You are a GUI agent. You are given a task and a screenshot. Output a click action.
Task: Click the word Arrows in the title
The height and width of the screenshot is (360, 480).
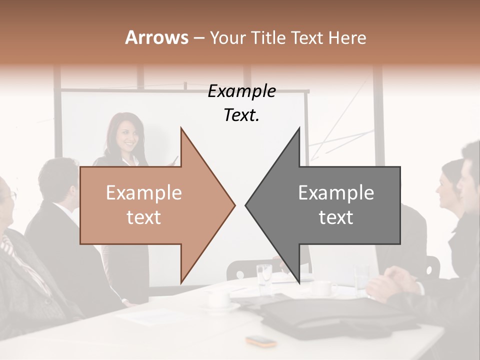click(x=156, y=37)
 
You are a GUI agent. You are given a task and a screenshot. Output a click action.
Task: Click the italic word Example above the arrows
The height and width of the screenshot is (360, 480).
click(x=241, y=91)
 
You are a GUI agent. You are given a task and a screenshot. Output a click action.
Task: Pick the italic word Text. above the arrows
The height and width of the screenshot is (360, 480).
click(x=241, y=115)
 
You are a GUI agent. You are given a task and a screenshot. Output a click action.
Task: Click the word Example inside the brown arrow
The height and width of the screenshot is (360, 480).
click(x=144, y=193)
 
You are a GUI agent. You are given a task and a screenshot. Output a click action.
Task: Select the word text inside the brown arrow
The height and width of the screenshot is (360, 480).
click(x=144, y=217)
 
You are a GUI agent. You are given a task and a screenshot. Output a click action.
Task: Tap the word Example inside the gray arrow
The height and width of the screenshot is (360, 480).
click(x=336, y=193)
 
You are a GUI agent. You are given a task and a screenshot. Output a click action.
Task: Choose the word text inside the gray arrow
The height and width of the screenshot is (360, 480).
click(x=336, y=217)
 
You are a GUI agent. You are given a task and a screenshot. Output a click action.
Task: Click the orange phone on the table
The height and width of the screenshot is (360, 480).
click(x=261, y=341)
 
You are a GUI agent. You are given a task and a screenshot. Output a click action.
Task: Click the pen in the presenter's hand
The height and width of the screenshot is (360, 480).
click(x=175, y=159)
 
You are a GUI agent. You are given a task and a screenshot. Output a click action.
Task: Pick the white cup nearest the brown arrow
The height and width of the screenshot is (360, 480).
click(x=219, y=298)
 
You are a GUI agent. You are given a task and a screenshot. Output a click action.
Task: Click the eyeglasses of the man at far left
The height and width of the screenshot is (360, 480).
click(x=11, y=196)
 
